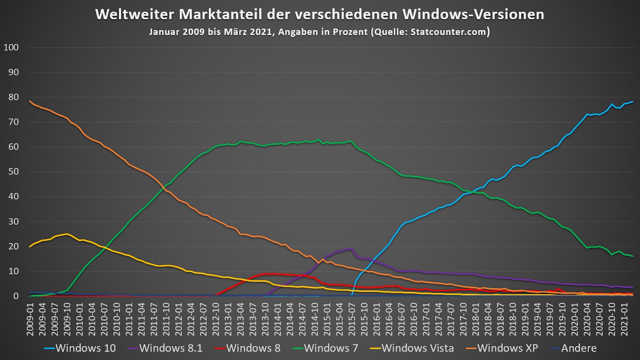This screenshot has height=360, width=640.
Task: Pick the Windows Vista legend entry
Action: click(411, 348)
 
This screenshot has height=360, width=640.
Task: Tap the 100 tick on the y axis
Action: click(11, 48)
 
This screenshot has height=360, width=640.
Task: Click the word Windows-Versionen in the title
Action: click(473, 14)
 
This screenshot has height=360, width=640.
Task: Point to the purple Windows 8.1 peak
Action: click(351, 248)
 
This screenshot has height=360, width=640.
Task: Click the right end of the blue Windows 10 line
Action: click(632, 101)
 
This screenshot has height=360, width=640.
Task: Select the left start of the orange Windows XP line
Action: click(29, 101)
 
